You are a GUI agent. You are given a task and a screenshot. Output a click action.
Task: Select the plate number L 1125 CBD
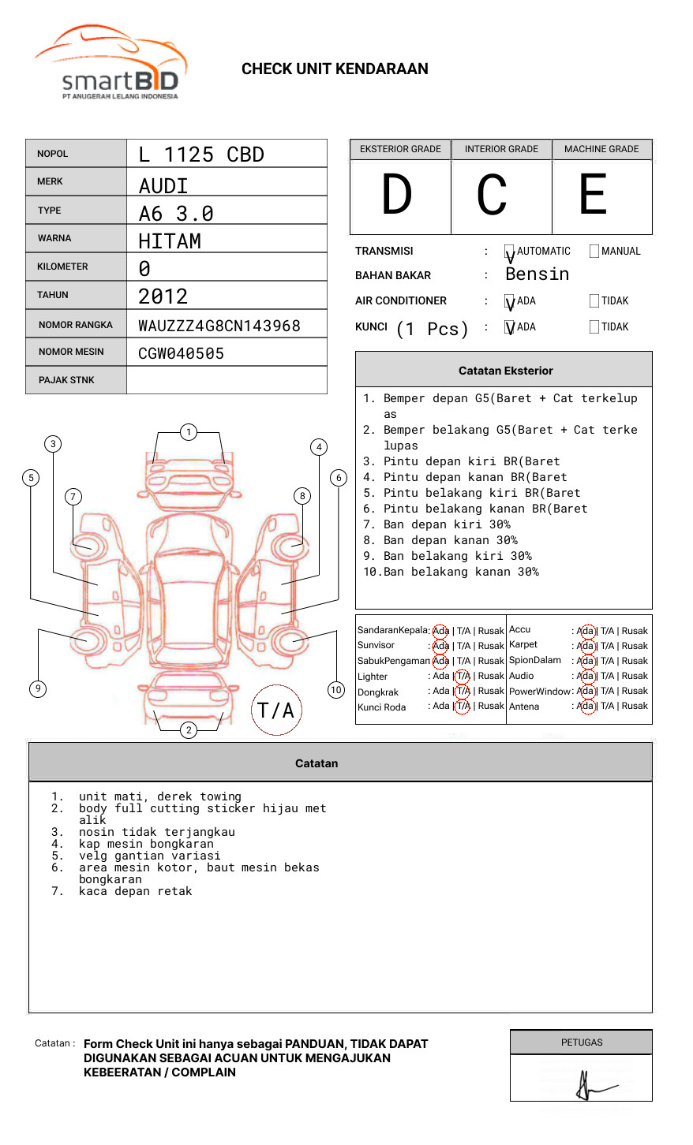[x=200, y=155]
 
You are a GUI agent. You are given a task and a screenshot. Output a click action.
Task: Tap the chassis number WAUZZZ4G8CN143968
[x=219, y=326]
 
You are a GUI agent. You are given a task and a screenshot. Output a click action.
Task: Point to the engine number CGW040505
[x=181, y=353]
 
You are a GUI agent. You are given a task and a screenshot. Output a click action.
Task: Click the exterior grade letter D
[x=397, y=196]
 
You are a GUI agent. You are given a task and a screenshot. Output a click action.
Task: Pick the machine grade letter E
[x=593, y=196]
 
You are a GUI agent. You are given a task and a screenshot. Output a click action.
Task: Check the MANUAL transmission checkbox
[x=594, y=252]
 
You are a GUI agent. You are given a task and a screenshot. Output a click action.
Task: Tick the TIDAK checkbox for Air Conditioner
[x=594, y=301]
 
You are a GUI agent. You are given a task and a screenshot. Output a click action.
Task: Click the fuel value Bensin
[x=537, y=274]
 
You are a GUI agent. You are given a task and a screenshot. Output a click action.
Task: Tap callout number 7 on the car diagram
[x=73, y=496]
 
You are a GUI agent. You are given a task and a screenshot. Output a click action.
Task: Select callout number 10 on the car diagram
[x=336, y=690]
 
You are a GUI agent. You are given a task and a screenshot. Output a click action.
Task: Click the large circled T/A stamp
[x=276, y=710]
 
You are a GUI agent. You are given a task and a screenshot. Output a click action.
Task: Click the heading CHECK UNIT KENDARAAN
[x=335, y=69]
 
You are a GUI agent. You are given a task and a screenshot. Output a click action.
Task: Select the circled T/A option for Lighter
[x=463, y=676]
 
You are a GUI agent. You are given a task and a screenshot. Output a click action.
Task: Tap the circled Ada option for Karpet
[x=586, y=646]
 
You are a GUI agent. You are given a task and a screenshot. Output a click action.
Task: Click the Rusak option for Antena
[x=635, y=706]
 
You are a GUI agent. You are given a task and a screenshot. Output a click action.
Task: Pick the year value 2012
[x=163, y=297]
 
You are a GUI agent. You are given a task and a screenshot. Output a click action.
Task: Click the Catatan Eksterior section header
[x=505, y=371]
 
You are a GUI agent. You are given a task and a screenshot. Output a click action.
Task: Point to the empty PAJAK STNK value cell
[x=227, y=380]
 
